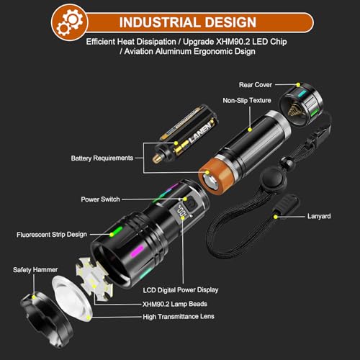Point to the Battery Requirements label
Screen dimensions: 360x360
(102, 158)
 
